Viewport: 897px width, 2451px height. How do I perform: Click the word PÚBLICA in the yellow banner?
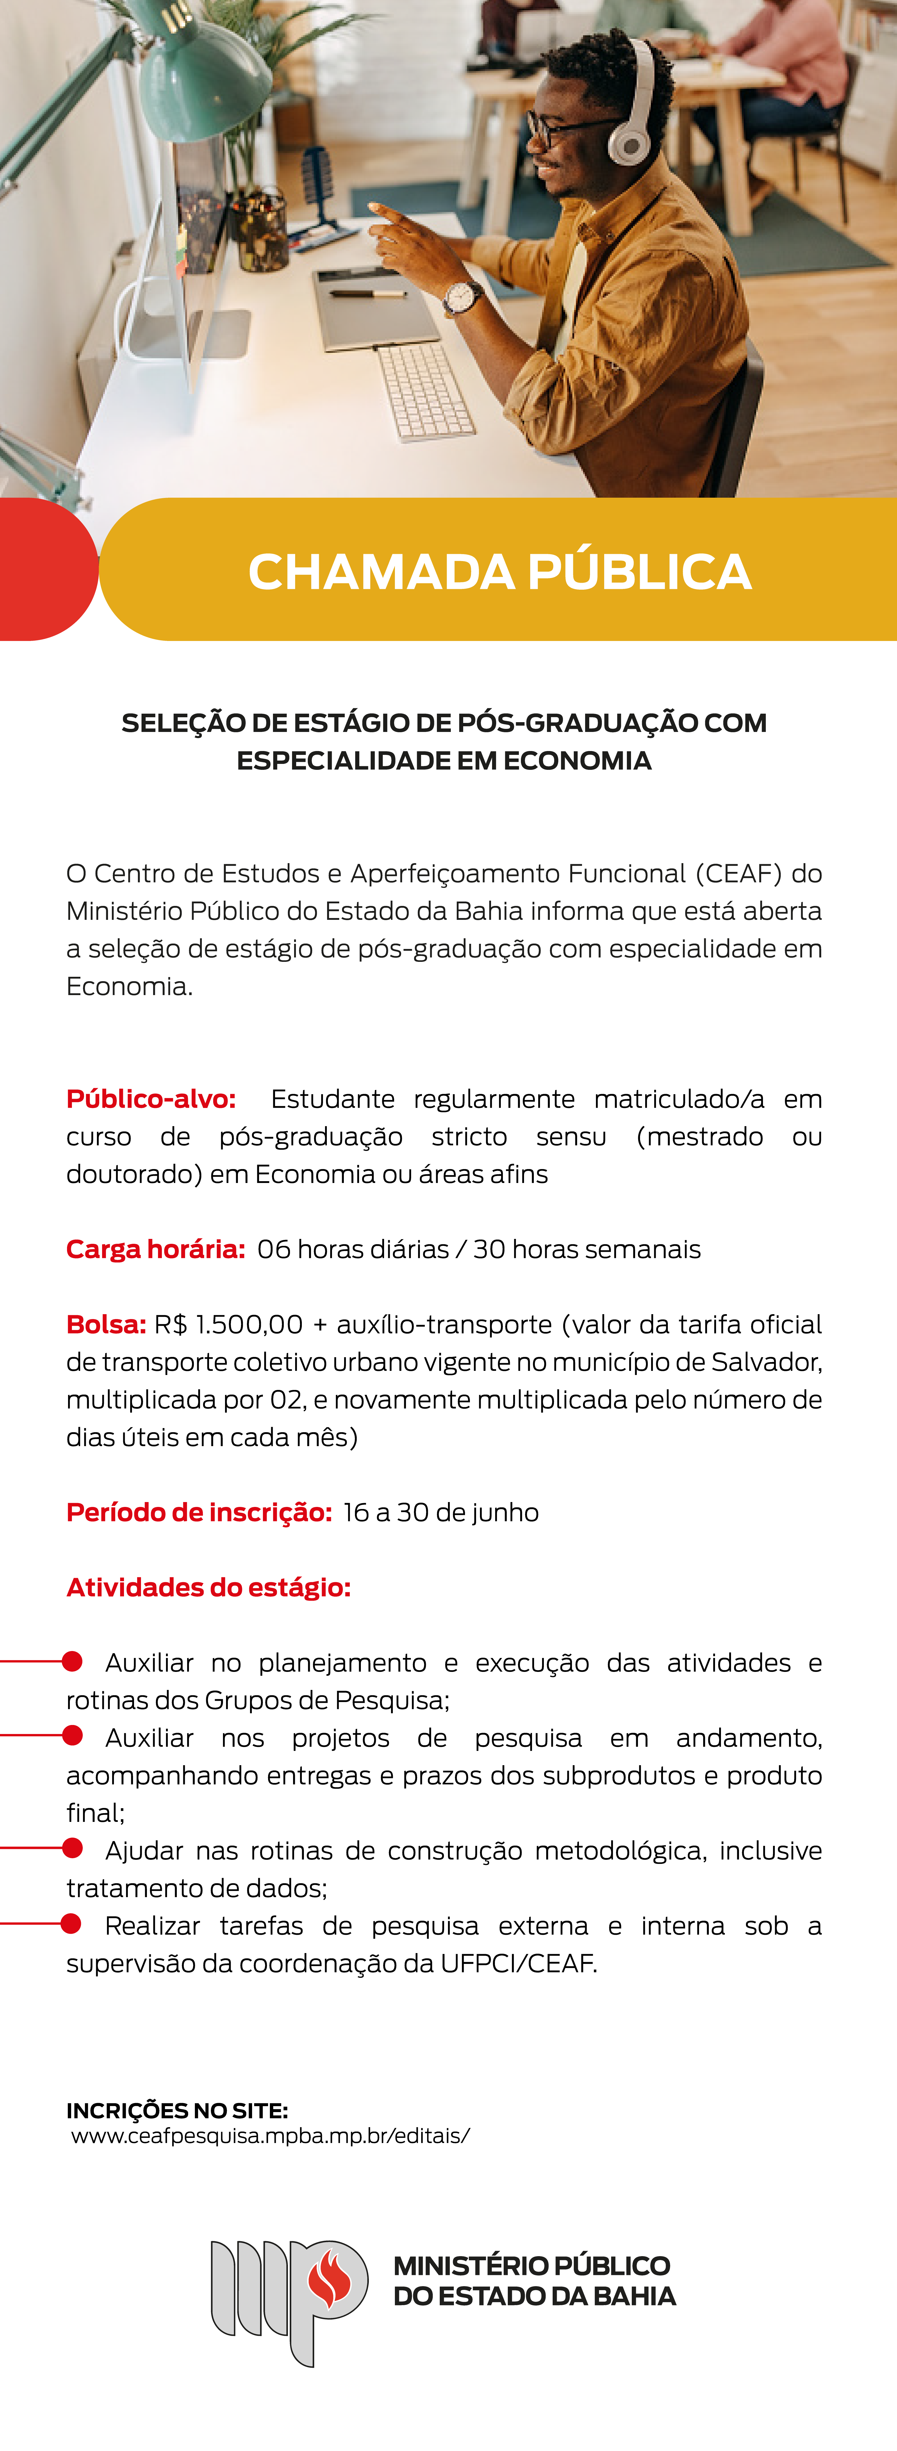(x=639, y=572)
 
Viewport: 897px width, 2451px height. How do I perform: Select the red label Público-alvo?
(x=150, y=1099)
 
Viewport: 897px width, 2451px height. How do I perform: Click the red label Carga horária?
(x=155, y=1249)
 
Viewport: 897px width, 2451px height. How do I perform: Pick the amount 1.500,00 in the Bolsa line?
(x=249, y=1324)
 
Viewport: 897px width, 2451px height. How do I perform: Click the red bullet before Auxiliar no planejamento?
(x=72, y=1661)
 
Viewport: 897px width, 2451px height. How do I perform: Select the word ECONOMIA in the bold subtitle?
(x=577, y=761)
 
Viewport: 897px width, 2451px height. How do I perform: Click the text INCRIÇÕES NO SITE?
(x=177, y=2110)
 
